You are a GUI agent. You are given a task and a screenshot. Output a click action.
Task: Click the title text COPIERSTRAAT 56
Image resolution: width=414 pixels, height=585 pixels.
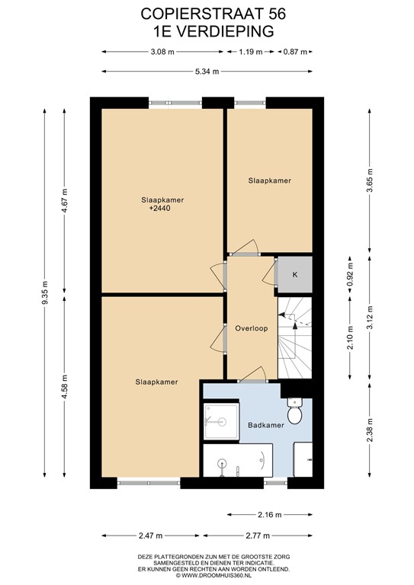pyautogui.click(x=207, y=14)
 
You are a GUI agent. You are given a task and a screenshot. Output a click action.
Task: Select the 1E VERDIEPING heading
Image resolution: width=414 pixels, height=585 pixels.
pyautogui.click(x=207, y=30)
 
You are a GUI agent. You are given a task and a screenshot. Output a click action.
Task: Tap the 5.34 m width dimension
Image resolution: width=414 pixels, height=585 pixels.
pyautogui.click(x=206, y=72)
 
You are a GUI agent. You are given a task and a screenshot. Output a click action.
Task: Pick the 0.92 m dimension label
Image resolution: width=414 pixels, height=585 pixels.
pyautogui.click(x=351, y=273)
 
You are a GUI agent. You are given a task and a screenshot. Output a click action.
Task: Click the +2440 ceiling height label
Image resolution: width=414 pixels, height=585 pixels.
pyautogui.click(x=160, y=208)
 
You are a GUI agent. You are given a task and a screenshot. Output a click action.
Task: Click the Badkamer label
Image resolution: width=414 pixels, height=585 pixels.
pyautogui.click(x=262, y=426)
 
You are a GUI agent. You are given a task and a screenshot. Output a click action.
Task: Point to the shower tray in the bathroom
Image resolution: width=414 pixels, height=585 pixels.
pyautogui.click(x=220, y=421)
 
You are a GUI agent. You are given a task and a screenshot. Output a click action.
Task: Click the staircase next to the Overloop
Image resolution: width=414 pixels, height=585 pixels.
pyautogui.click(x=295, y=336)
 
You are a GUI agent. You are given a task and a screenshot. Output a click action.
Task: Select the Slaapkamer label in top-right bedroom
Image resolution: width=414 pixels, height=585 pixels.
pyautogui.click(x=269, y=181)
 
